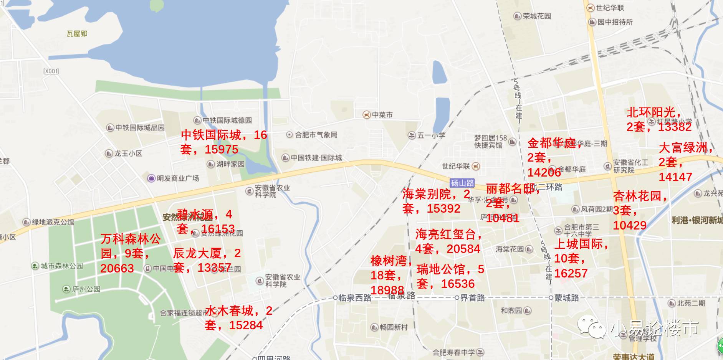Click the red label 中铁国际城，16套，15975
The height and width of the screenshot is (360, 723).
224,142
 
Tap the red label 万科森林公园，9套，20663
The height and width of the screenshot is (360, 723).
131,253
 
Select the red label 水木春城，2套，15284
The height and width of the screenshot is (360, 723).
238,318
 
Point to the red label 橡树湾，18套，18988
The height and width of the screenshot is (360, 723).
390,275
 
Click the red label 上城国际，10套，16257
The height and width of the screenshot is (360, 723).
581,258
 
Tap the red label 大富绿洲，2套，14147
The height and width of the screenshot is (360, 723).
686,162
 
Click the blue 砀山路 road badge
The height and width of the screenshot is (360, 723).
462,183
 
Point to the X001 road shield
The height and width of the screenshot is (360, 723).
51,71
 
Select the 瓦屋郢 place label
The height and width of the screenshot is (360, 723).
77,34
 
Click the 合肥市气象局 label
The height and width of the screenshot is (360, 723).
316,135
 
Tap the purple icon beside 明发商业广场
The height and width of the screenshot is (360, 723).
151,178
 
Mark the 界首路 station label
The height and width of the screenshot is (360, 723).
472,298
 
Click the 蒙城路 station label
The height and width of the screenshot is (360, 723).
566,298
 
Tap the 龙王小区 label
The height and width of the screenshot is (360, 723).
128,154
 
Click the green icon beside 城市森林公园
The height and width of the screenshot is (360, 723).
35,266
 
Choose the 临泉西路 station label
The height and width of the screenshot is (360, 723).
354,298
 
